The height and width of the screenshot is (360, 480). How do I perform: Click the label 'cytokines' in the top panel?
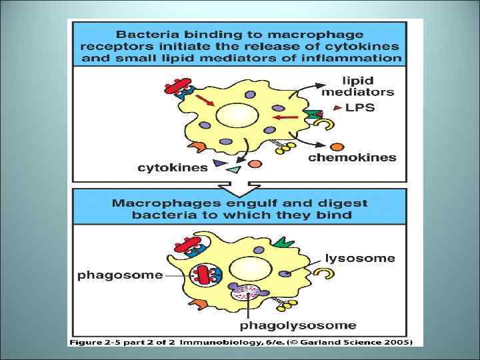point(173,168)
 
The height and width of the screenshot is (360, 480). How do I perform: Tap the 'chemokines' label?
point(352,158)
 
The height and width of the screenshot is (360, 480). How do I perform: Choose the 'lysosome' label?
point(360,258)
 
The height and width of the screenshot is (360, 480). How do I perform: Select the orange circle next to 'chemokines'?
point(337,146)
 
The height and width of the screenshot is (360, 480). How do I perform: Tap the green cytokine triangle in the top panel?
point(233,171)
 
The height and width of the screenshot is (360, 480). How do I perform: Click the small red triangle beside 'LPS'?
point(339,107)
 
